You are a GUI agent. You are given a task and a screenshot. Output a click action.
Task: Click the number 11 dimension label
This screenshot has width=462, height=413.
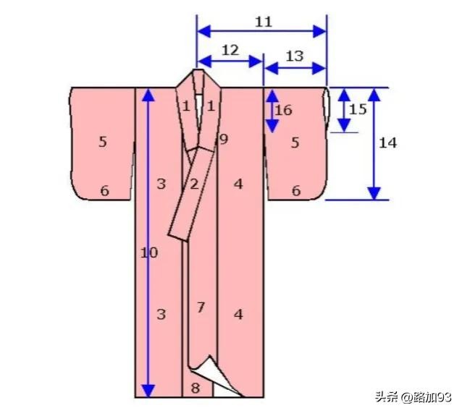point(263,22)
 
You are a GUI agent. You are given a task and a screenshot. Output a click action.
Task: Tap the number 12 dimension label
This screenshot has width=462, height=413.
point(230,51)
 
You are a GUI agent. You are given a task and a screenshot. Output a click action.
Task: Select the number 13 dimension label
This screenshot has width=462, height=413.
point(294,56)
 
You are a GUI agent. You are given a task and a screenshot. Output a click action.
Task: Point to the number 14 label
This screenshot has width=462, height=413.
point(387,142)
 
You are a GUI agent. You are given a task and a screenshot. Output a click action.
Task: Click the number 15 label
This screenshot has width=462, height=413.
point(358,109)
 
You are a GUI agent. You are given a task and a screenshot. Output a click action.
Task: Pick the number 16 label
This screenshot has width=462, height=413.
point(283,111)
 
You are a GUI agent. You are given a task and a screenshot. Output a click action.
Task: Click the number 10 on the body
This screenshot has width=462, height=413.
point(148,252)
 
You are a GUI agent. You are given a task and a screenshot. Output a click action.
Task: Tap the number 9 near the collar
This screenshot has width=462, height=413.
point(224,139)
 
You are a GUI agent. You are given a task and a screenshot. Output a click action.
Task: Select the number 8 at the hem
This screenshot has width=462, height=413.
point(196,388)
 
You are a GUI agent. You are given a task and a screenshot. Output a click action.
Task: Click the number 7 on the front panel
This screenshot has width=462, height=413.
point(201,307)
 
